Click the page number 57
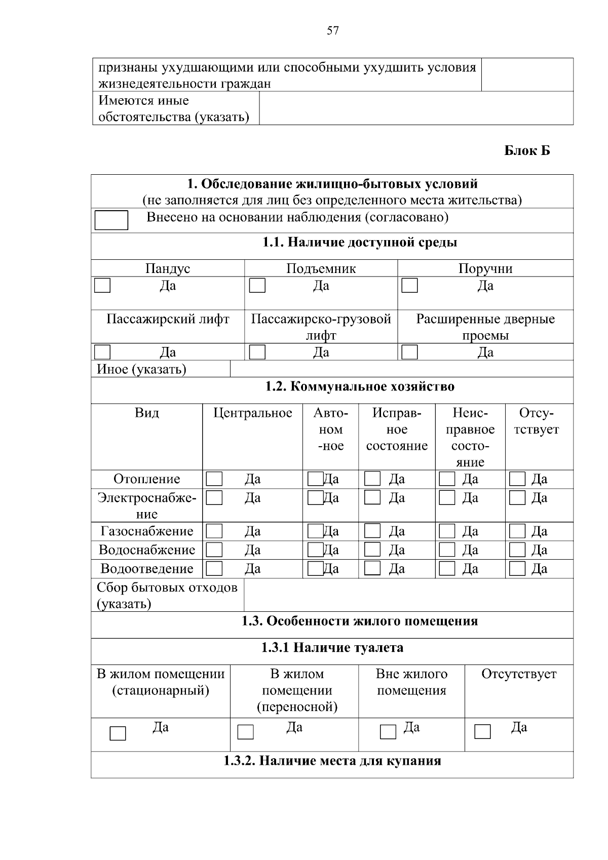click(333, 31)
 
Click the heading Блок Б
click(527, 151)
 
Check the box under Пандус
click(102, 286)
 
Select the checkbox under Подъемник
click(257, 286)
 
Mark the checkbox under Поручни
click(409, 286)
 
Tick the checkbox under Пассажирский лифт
click(102, 352)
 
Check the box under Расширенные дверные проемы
click(409, 352)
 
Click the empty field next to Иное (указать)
click(401, 369)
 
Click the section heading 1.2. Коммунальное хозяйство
click(360, 387)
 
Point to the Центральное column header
click(252, 413)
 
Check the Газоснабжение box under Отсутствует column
click(517, 531)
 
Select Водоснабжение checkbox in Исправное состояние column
click(372, 550)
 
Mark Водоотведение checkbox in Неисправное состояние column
click(447, 569)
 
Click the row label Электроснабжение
click(147, 505)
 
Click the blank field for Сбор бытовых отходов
click(408, 596)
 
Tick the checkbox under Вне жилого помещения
click(388, 732)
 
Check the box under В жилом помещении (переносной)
click(246, 732)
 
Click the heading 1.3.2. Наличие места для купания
click(332, 761)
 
